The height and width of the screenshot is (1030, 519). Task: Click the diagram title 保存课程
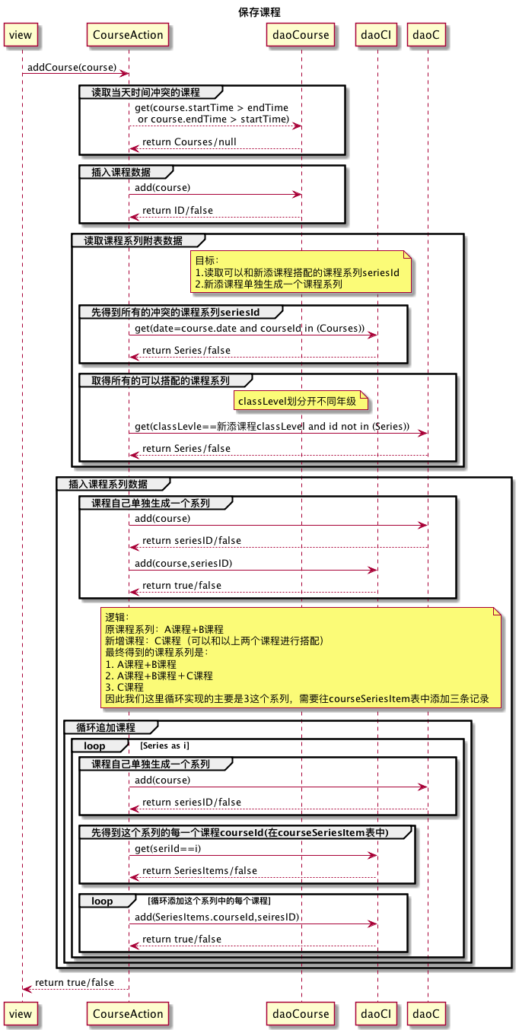click(259, 12)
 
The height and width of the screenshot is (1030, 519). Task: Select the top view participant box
click(21, 34)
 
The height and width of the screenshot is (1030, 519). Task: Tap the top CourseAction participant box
click(128, 34)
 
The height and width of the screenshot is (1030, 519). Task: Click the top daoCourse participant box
click(301, 34)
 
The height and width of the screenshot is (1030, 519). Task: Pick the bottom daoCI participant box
click(377, 1013)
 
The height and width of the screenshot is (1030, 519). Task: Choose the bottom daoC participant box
click(427, 1013)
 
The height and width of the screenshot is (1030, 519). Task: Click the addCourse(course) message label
click(72, 67)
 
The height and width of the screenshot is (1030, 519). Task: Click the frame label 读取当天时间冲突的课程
click(145, 93)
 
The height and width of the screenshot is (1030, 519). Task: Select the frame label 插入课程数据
click(120, 172)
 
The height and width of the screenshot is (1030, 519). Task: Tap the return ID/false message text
click(177, 211)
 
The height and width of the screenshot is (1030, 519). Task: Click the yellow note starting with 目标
click(302, 272)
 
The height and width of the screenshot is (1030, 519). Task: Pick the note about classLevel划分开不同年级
click(302, 400)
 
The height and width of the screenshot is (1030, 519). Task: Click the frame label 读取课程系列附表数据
click(132, 240)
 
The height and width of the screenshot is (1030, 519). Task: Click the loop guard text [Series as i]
click(164, 745)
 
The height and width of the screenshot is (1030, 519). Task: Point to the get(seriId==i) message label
click(167, 848)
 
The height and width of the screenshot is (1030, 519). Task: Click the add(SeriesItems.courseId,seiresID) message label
click(217, 917)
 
